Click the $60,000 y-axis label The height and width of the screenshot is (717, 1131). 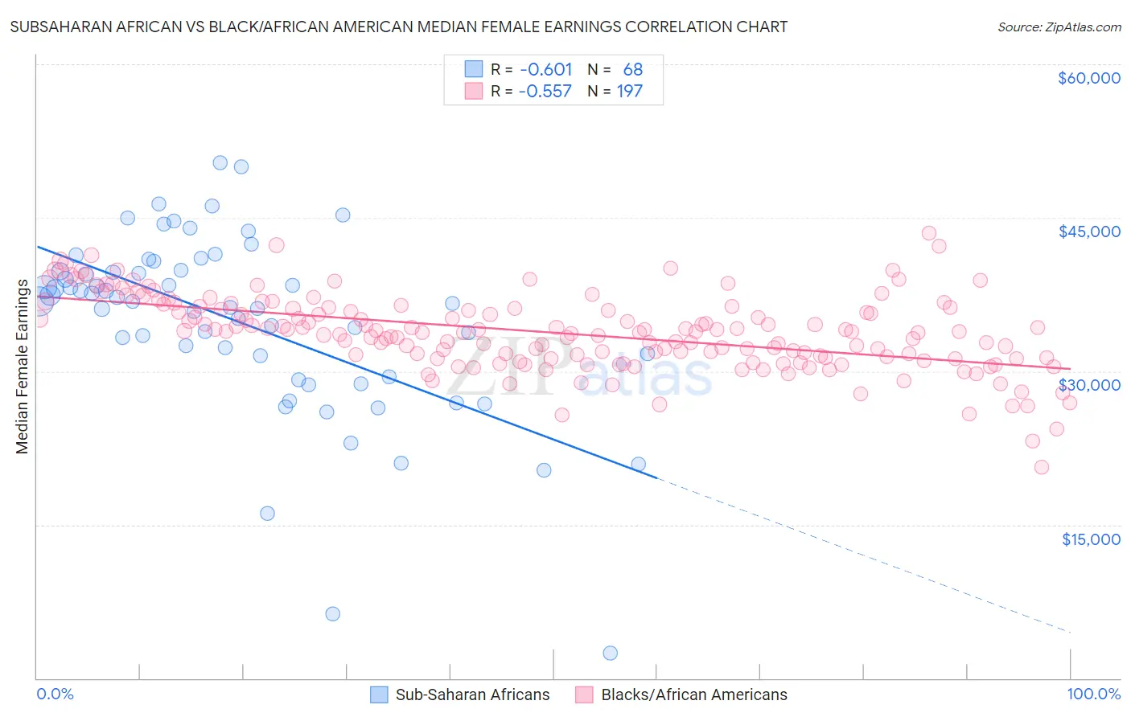tap(1088, 78)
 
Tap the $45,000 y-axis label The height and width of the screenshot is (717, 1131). tap(1088, 231)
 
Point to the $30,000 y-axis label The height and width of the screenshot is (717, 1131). tap(1088, 385)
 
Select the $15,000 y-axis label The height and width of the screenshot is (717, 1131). tap(1091, 539)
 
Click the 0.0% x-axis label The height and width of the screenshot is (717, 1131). tap(55, 694)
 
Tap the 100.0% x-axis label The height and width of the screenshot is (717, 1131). tap(1093, 694)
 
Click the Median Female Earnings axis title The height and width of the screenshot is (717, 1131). tap(23, 367)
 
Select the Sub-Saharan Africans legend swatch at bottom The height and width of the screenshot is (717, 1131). tap(379, 695)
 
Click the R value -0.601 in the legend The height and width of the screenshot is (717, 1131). tap(545, 70)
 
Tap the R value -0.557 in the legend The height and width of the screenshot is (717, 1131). tap(545, 92)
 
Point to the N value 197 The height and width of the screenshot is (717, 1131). tap(630, 92)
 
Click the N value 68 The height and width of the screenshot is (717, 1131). tap(633, 70)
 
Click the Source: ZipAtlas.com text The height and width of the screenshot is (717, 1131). tap(1059, 27)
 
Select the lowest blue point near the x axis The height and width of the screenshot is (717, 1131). tap(611, 653)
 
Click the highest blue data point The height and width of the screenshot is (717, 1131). tap(220, 162)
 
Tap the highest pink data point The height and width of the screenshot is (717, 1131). tap(929, 233)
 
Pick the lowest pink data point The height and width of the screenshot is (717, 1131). tap(1042, 467)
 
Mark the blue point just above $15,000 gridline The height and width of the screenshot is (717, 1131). tap(267, 514)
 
